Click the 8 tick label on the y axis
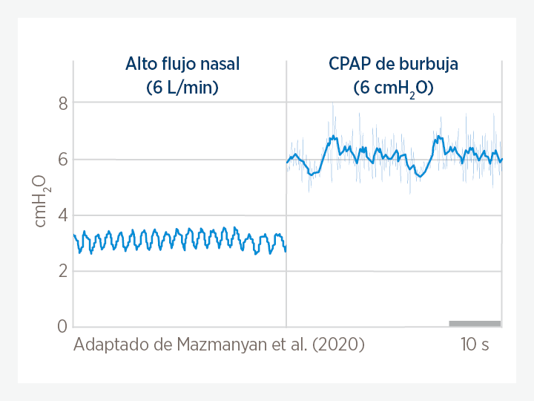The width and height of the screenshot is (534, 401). pyautogui.click(x=62, y=103)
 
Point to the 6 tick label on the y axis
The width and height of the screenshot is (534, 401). pyautogui.click(x=62, y=159)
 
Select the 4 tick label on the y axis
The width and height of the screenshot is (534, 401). pyautogui.click(x=62, y=215)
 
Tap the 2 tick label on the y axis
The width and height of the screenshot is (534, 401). pyautogui.click(x=62, y=271)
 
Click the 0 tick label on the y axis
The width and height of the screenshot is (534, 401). pyautogui.click(x=62, y=327)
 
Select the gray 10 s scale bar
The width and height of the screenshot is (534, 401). pyautogui.click(x=475, y=323)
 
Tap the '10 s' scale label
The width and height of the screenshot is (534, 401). pyautogui.click(x=474, y=345)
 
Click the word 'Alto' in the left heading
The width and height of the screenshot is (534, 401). pyautogui.click(x=141, y=64)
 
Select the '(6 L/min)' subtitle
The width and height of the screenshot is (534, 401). pyautogui.click(x=182, y=88)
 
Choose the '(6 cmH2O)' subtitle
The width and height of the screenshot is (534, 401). pyautogui.click(x=393, y=88)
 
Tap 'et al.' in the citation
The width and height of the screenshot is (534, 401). pyautogui.click(x=289, y=345)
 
